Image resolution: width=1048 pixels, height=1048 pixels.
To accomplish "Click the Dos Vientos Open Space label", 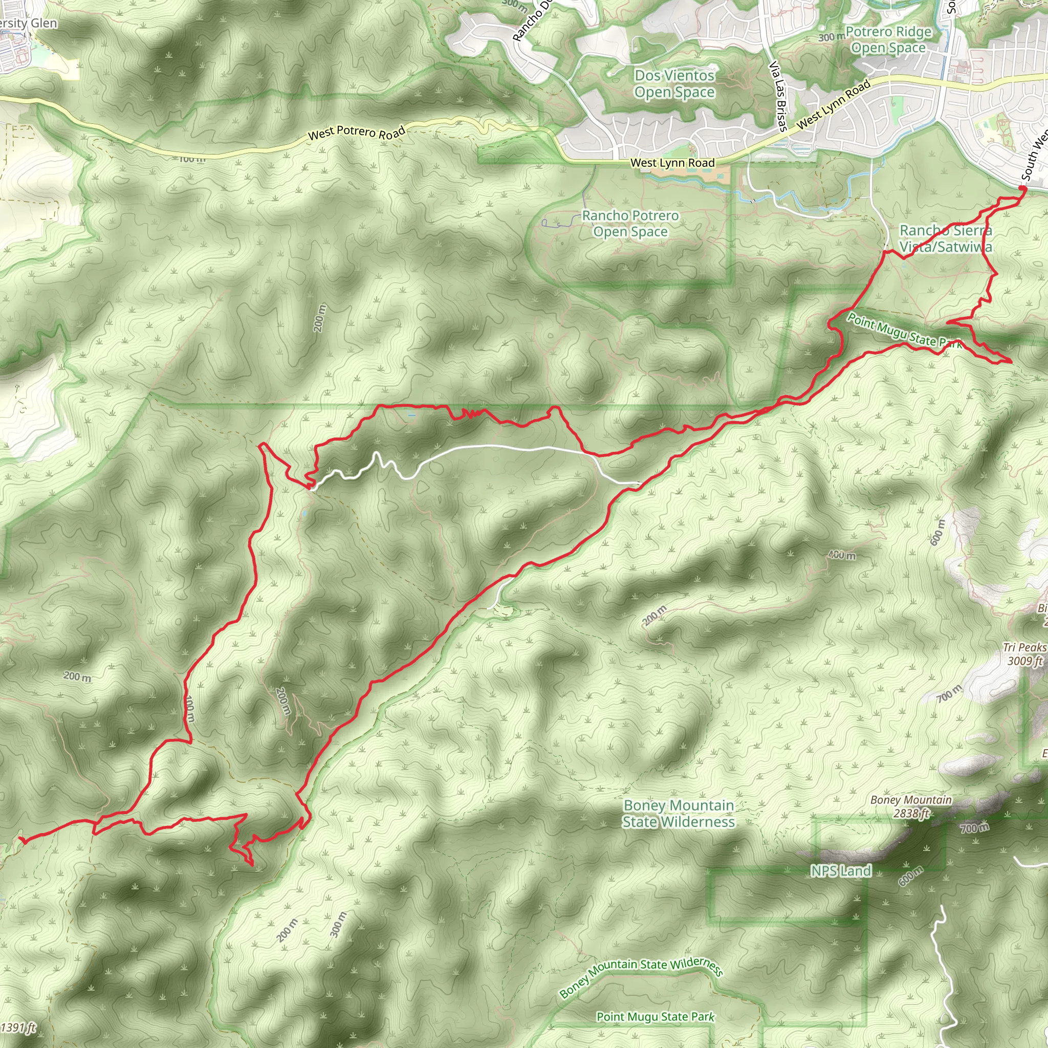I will coord(674,84).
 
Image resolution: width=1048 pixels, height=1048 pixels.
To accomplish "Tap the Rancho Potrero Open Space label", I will coord(630,224).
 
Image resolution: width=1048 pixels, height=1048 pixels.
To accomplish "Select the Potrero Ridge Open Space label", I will coord(888,40).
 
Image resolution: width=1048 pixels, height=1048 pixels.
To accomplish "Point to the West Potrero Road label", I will coord(356,133).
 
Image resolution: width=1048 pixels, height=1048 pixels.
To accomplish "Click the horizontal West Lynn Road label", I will coord(672,163).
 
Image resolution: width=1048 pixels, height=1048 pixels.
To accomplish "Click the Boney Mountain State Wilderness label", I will coord(678,813).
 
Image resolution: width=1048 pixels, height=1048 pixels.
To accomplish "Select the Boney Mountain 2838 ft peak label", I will coord(911,806).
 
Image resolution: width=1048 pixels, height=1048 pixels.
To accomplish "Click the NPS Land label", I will coord(840,870).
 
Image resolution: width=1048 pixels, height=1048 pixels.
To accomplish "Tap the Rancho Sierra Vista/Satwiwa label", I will coord(946,238).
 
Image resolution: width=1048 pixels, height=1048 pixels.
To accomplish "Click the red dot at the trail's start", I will coord(1022,189).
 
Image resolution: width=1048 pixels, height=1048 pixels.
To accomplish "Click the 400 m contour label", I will coord(842,555).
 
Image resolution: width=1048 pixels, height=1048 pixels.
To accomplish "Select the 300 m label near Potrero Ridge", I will coord(832,37).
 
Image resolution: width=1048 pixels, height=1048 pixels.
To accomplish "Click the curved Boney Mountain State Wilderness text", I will coord(641,977).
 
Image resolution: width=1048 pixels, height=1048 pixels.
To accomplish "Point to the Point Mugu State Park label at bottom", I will coord(656,1017).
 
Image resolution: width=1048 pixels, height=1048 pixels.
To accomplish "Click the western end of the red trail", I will coord(20,839).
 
